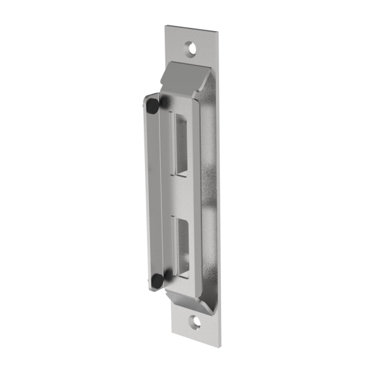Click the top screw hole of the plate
[x=191, y=46]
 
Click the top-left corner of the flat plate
[x=166, y=26]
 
